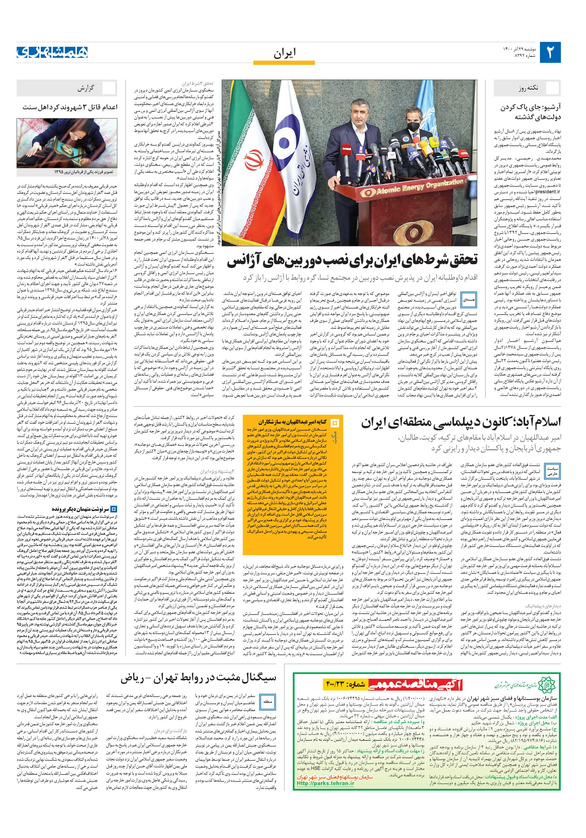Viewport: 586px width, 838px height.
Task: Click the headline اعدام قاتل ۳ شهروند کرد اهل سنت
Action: click(70, 107)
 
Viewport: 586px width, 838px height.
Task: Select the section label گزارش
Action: click(86, 88)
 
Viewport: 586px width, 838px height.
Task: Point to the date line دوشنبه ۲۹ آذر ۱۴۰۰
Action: click(518, 49)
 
